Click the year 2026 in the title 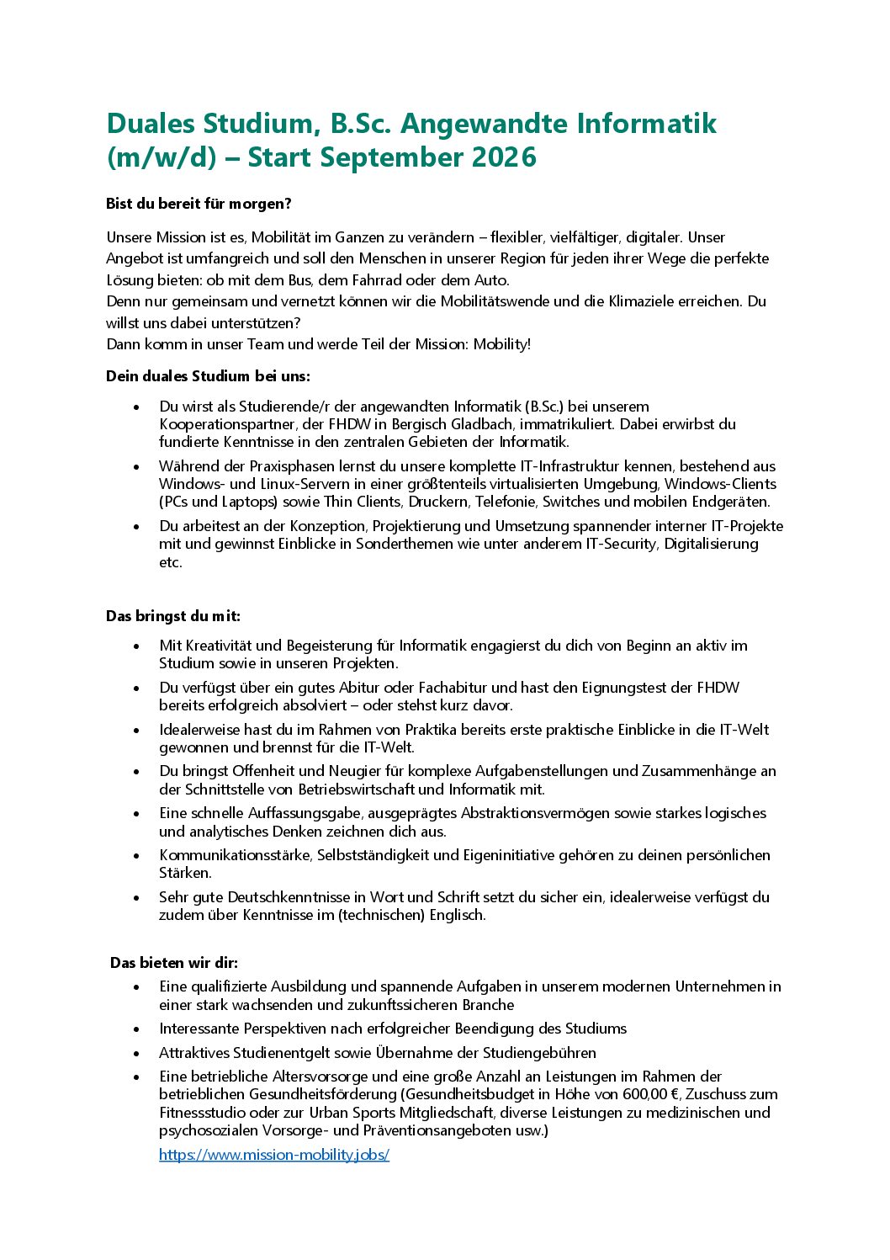504,157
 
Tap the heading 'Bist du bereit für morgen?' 199,204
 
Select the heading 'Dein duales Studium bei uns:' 208,376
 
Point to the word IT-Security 622,544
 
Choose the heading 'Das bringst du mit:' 173,616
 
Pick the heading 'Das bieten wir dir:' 174,963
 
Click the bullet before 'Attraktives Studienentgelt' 136,1054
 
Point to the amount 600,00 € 647,1094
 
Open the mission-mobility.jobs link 273,1155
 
